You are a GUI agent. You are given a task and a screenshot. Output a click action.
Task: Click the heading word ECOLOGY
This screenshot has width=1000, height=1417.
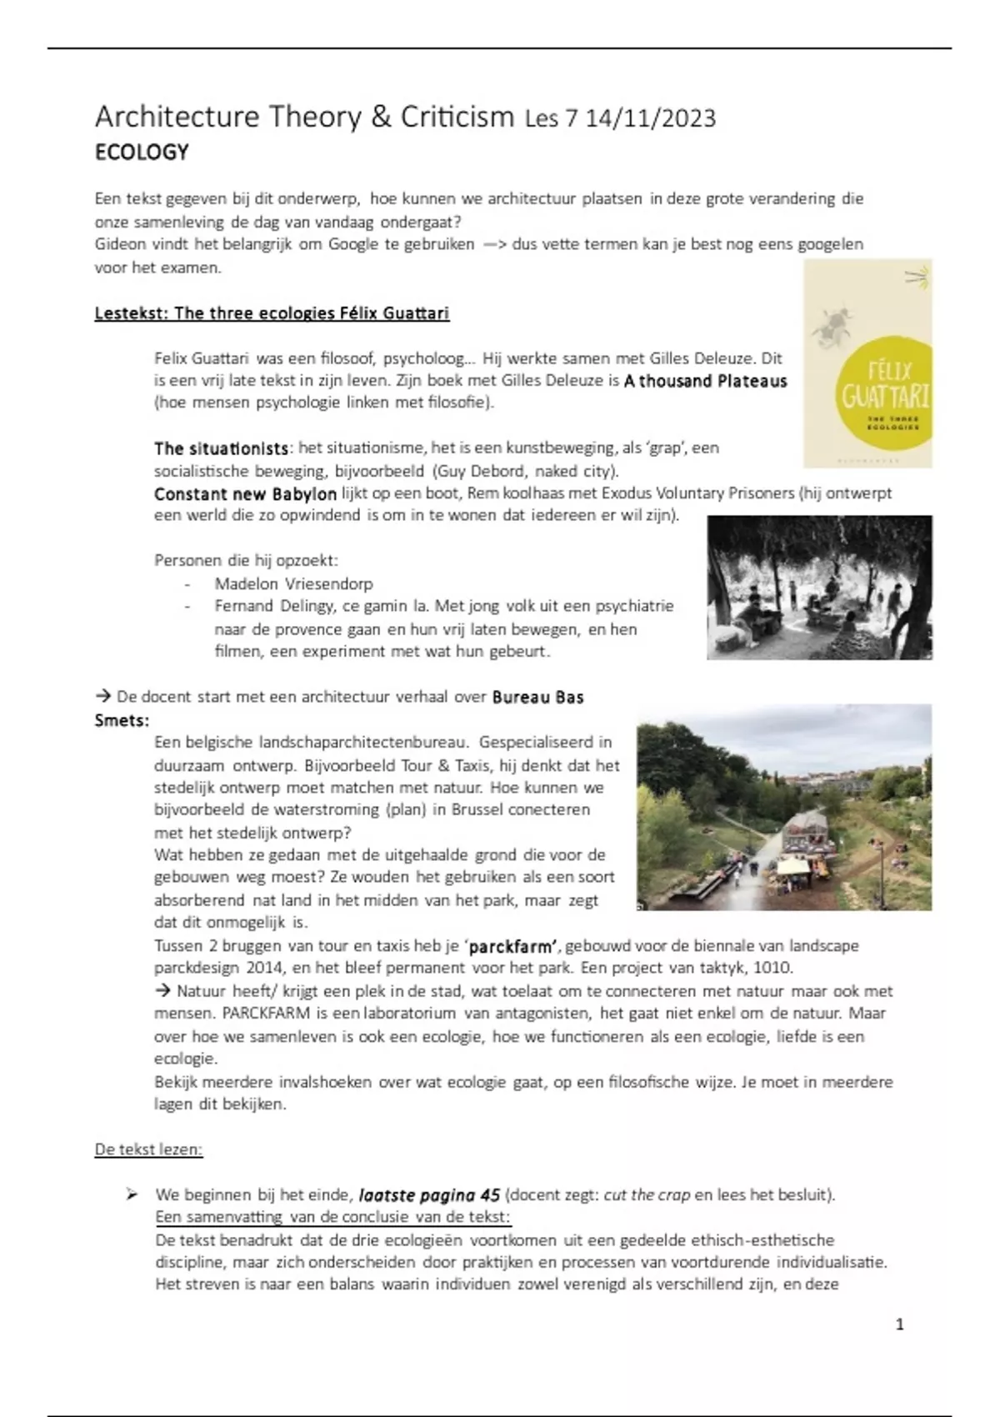click(142, 153)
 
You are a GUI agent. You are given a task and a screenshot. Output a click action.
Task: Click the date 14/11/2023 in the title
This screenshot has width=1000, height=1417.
click(650, 118)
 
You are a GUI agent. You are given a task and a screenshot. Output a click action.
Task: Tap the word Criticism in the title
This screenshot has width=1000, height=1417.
click(457, 117)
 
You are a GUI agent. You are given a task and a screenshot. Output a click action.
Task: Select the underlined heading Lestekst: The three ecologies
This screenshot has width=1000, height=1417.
click(272, 313)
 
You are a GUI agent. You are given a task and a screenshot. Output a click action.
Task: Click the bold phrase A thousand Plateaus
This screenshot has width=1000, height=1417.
click(705, 381)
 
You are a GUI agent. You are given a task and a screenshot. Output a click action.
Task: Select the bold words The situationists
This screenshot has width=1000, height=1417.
click(221, 448)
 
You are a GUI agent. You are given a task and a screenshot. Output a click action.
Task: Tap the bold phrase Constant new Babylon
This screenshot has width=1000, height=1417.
click(245, 493)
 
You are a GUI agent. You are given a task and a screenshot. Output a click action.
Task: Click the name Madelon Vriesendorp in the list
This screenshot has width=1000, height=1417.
click(293, 583)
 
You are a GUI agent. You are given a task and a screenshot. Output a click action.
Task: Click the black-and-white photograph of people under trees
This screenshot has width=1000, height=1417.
click(819, 587)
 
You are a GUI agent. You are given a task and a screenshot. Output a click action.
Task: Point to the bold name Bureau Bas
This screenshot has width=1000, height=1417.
click(537, 697)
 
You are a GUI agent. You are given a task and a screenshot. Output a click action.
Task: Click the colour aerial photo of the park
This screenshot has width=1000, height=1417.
click(784, 806)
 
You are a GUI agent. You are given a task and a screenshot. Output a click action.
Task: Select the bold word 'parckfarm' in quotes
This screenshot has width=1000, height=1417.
click(512, 946)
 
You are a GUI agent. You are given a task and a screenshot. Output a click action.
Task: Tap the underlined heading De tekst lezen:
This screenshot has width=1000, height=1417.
click(148, 1149)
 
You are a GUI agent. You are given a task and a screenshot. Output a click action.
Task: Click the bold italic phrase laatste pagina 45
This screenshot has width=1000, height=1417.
click(429, 1195)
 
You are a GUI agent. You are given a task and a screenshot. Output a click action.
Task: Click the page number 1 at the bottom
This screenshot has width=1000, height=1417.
click(899, 1324)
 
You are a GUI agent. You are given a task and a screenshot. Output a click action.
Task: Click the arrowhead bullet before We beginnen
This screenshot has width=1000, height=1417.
click(132, 1194)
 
